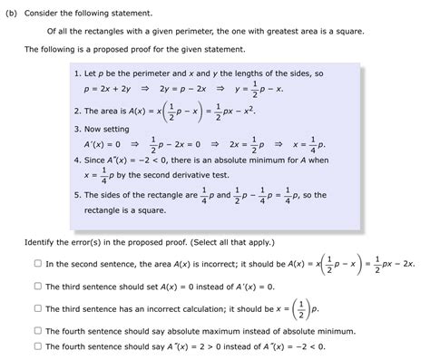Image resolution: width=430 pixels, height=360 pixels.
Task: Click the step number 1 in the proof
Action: pos(80,72)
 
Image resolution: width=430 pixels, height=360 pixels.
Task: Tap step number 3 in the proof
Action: pos(80,130)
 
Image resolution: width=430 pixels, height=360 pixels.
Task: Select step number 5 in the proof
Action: pos(80,195)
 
